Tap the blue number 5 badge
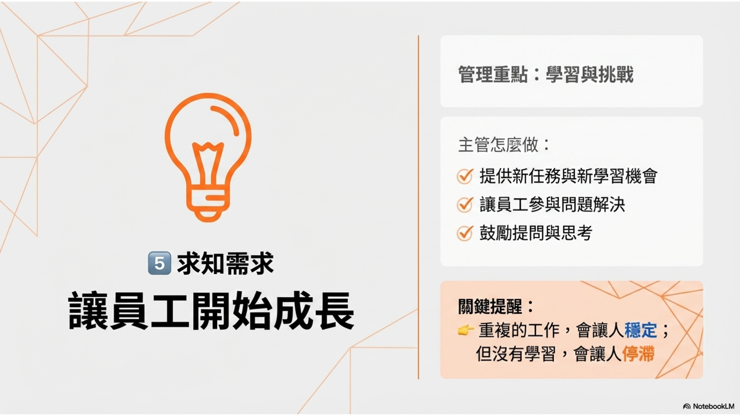tap(159, 263)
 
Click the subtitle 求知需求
tap(225, 263)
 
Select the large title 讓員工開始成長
tap(211, 310)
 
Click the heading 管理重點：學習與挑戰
tap(546, 74)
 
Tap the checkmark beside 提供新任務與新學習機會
tap(465, 176)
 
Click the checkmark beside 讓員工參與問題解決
tap(465, 204)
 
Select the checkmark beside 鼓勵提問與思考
tap(465, 233)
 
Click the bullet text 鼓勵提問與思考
tap(536, 233)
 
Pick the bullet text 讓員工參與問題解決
tap(552, 204)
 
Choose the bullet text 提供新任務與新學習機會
tap(569, 176)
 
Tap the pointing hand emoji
tap(466, 330)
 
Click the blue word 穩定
tap(641, 330)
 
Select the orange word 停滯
tap(638, 354)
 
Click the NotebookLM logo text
tap(713, 406)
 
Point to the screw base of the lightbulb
tap(208, 203)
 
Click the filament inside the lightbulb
tap(208, 164)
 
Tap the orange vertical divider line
tap(419, 207)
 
